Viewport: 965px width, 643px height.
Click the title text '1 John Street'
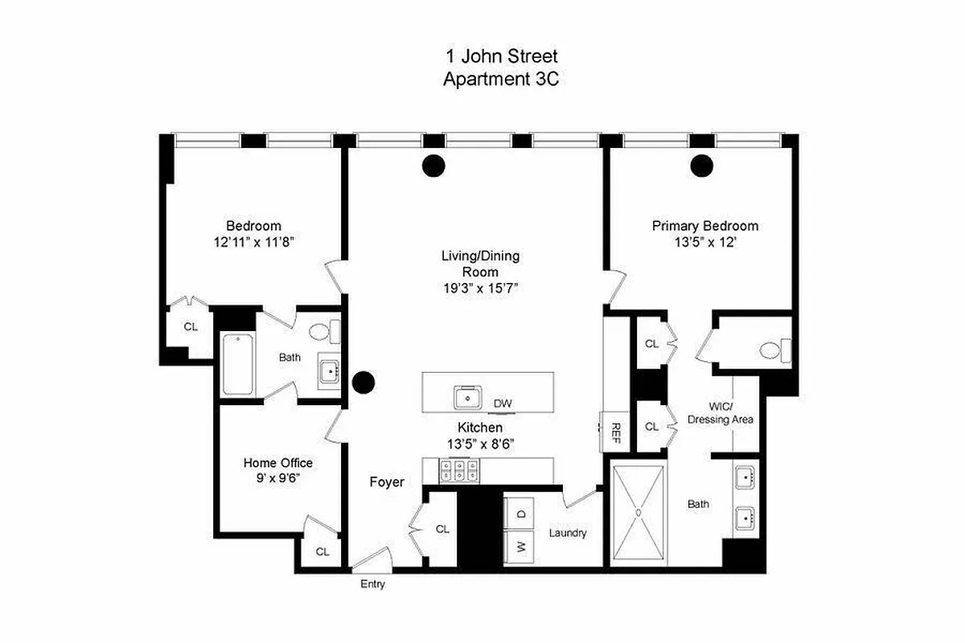pos(501,56)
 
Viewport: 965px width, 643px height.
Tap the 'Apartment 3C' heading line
pos(501,79)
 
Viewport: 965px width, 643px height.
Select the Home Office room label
pos(278,463)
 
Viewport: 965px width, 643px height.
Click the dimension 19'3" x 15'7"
pos(480,288)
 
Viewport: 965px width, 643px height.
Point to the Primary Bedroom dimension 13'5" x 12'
pos(704,242)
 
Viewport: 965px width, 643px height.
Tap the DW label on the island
pos(503,403)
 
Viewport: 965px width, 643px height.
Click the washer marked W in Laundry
pos(521,547)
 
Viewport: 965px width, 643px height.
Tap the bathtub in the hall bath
pos(238,364)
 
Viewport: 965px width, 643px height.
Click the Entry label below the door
pos(372,584)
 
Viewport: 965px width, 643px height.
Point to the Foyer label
pos(386,482)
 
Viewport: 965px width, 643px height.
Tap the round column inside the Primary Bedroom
pos(702,165)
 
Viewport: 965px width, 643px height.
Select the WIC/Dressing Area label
pos(721,413)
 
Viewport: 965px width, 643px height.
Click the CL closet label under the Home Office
pos(322,552)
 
